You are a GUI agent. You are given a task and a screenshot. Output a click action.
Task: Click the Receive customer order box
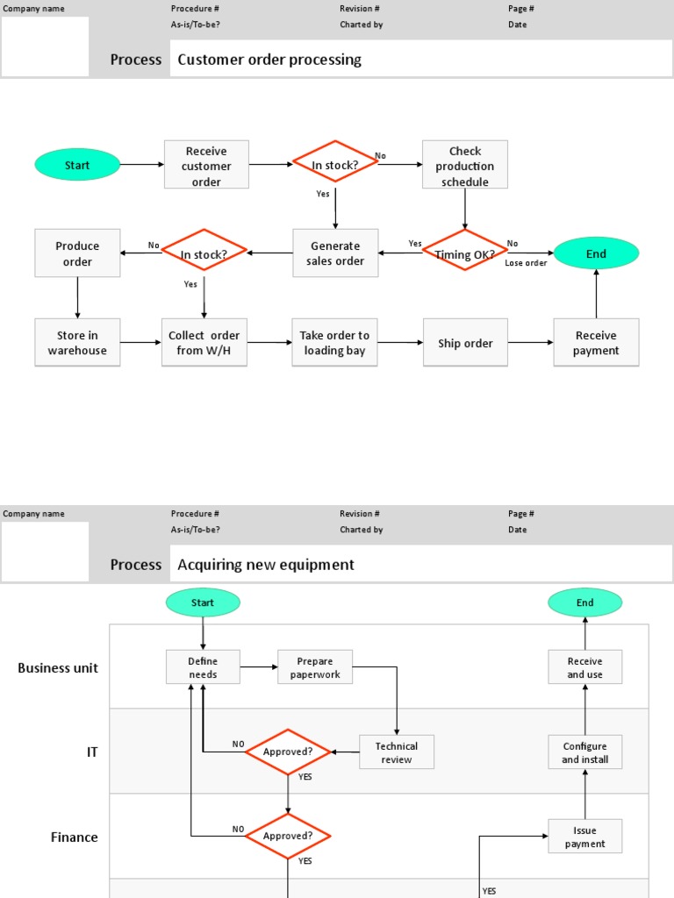click(x=206, y=166)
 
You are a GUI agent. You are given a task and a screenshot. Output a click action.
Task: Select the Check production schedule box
click(x=464, y=166)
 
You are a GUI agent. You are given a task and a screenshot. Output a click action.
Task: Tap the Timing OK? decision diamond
click(x=464, y=254)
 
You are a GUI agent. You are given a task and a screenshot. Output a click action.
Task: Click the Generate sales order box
click(x=334, y=253)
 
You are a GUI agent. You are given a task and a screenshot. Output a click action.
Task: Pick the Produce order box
click(x=77, y=253)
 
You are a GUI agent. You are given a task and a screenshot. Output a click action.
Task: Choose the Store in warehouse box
click(x=77, y=343)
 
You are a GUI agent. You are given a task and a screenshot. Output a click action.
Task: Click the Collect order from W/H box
click(x=204, y=343)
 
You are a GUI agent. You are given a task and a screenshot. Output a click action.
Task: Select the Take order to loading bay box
click(x=334, y=343)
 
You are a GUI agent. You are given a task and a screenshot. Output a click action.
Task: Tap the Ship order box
click(x=465, y=343)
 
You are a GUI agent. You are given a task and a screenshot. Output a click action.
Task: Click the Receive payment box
click(x=596, y=343)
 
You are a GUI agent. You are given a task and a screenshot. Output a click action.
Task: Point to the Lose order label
click(x=526, y=263)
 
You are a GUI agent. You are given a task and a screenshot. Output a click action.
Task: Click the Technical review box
click(x=397, y=752)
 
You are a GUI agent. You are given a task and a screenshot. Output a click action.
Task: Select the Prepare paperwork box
click(x=315, y=667)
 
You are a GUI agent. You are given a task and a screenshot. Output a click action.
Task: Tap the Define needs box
click(x=203, y=667)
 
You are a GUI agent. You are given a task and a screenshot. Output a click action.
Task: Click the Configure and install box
click(x=584, y=752)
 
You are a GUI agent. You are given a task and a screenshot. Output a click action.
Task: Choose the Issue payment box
click(x=584, y=837)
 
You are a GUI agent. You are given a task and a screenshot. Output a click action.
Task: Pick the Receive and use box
click(x=584, y=667)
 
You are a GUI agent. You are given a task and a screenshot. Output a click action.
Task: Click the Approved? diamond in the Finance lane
click(x=288, y=836)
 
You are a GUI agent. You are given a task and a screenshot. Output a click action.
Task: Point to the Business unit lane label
click(x=58, y=668)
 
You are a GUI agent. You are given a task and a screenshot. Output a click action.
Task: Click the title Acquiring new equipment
click(x=266, y=565)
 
